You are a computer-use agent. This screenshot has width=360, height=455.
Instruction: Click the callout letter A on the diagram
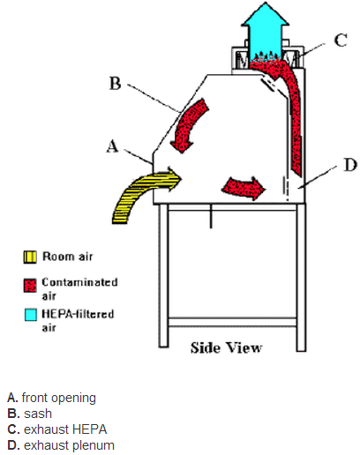[112, 146]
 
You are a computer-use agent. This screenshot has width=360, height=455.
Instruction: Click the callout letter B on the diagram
[115, 83]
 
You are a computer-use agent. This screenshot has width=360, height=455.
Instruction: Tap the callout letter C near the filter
[341, 40]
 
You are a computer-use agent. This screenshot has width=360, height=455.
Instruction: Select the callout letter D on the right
[350, 165]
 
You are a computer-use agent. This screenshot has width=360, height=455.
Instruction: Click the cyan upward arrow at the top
[265, 33]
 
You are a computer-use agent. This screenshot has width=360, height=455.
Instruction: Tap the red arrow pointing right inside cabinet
[244, 188]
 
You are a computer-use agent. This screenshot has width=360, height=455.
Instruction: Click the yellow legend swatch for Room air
[30, 257]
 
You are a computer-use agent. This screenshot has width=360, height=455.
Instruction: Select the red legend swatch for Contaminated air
[30, 286]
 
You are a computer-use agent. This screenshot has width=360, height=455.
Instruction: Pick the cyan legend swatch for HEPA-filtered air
[30, 315]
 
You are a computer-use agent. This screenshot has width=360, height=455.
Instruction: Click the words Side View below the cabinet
[226, 347]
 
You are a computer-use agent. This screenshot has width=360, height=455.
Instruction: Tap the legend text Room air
[68, 257]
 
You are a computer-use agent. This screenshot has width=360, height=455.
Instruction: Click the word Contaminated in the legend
[79, 282]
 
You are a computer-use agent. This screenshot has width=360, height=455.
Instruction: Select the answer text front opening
[59, 398]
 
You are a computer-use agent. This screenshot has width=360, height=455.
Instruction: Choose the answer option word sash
[38, 414]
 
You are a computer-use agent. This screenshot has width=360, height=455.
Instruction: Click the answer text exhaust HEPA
[65, 429]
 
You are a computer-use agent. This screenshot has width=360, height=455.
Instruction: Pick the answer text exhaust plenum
[69, 445]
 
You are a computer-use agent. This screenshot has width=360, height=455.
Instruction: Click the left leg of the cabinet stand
[163, 275]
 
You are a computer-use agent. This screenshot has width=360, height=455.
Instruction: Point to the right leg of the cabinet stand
[301, 277]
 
